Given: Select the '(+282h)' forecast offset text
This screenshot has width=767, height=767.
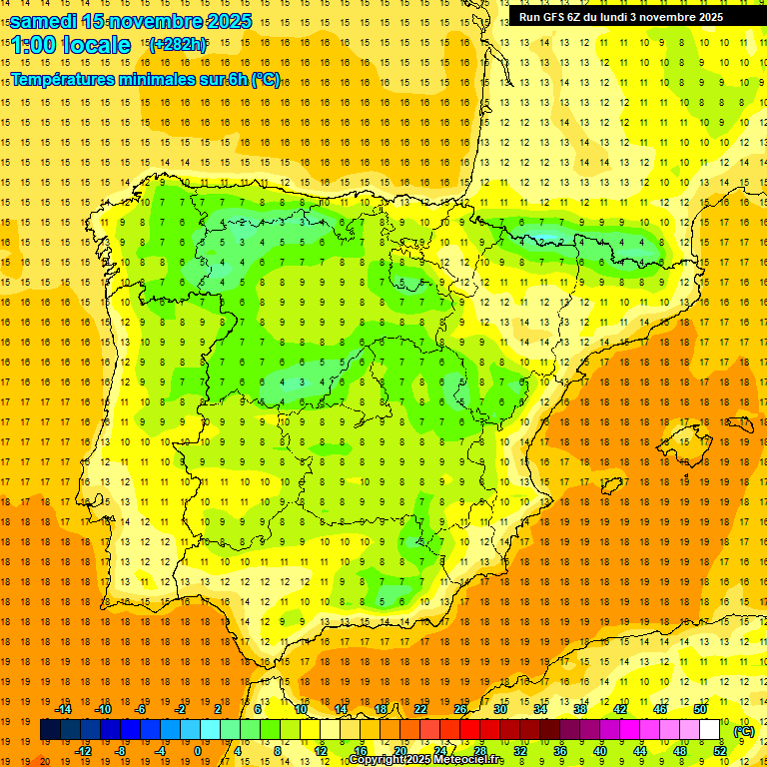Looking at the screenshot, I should (x=177, y=44).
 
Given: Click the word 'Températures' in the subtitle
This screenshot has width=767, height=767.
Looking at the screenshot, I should (x=68, y=79).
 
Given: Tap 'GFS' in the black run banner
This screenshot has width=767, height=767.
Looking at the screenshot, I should (x=554, y=17).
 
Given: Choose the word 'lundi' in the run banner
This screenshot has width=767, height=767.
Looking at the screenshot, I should (x=627, y=17).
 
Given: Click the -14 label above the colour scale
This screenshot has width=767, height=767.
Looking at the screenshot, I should (x=64, y=709).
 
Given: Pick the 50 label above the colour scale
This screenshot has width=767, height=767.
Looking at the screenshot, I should (x=700, y=709).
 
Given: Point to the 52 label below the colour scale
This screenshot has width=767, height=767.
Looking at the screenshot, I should (x=720, y=751).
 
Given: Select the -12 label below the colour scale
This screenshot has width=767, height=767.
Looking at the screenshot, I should (x=83, y=751).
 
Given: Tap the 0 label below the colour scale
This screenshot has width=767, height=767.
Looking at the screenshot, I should (x=198, y=751).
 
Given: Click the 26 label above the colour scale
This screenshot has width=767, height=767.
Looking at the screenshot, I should (x=460, y=709).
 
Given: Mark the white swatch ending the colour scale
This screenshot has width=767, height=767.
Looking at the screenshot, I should (x=710, y=730).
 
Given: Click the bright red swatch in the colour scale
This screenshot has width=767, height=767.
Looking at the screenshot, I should (x=470, y=730).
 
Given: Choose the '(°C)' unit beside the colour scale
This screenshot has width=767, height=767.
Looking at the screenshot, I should (x=744, y=730).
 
